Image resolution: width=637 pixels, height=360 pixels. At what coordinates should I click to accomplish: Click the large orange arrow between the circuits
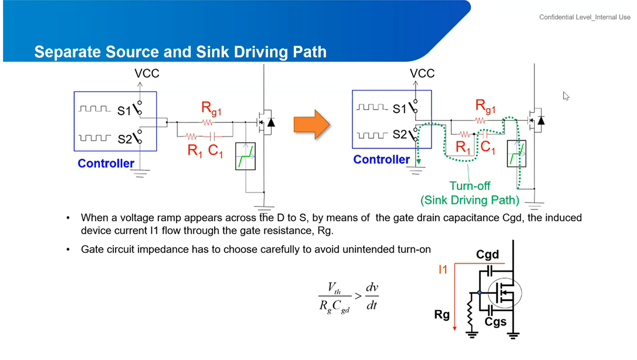click(312, 125)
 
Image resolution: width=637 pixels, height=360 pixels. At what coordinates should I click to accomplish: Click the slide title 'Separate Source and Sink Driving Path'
click(181, 52)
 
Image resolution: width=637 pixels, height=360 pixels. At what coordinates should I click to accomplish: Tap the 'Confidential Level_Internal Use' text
click(585, 17)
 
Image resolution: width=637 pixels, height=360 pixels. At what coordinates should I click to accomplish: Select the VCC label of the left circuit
click(147, 73)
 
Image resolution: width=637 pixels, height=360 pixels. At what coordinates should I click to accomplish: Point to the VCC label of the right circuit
click(422, 73)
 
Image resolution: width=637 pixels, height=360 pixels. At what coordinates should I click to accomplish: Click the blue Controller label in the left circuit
click(106, 164)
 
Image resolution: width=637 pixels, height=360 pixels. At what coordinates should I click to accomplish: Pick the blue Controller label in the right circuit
click(381, 160)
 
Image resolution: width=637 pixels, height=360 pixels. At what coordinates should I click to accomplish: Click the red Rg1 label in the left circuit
click(211, 109)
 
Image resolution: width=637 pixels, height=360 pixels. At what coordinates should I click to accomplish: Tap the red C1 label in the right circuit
click(488, 148)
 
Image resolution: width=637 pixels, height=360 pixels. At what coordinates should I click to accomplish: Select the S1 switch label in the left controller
click(124, 111)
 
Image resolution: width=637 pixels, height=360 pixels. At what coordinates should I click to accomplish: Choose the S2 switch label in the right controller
click(400, 134)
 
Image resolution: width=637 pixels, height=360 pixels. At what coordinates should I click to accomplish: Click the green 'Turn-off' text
click(470, 186)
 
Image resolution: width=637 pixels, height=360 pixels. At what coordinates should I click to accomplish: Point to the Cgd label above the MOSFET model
click(488, 255)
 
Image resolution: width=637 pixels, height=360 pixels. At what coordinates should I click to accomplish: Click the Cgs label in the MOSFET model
click(496, 322)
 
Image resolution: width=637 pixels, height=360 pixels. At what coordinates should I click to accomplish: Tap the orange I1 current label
click(443, 270)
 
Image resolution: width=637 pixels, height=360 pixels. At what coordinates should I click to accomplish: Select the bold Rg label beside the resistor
click(442, 315)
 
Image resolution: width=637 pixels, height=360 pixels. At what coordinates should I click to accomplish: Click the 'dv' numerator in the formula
click(372, 287)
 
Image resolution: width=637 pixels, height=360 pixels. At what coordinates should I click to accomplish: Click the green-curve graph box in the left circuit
click(245, 156)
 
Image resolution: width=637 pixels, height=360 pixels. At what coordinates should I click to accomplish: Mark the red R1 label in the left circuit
click(195, 150)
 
